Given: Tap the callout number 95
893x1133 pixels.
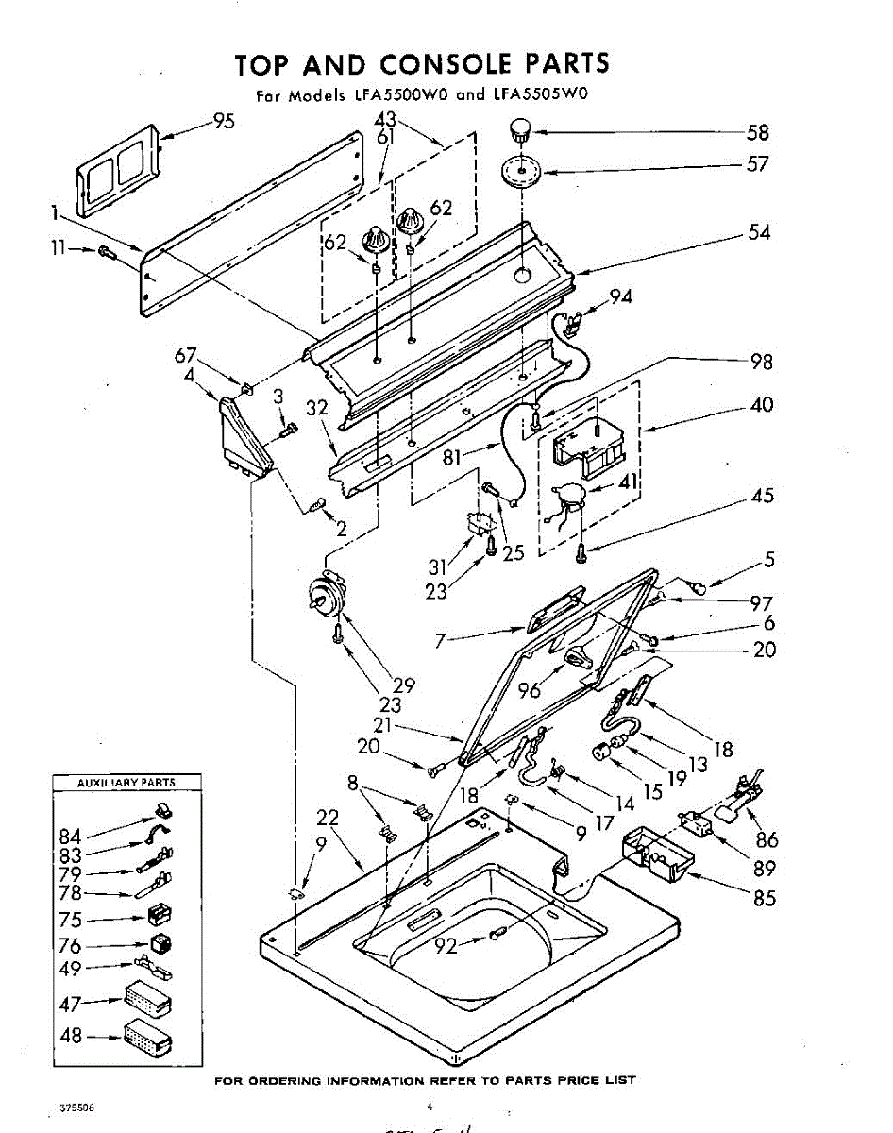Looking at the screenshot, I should click(x=224, y=121).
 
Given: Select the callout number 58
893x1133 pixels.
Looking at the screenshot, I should click(x=758, y=132).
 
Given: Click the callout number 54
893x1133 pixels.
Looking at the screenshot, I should click(x=759, y=232).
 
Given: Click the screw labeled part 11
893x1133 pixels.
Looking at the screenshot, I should click(x=105, y=252).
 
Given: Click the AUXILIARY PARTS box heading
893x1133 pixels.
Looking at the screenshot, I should click(x=126, y=783).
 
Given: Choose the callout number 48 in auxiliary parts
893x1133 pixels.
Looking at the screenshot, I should click(x=72, y=1035).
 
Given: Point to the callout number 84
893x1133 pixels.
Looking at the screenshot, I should click(x=71, y=836).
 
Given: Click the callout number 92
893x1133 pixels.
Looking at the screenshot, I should click(x=446, y=945).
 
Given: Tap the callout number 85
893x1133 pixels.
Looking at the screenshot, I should click(x=765, y=898).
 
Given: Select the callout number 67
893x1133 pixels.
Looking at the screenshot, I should click(x=185, y=355).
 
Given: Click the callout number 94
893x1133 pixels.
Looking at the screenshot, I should click(x=620, y=296).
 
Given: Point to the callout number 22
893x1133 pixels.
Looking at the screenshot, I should click(x=328, y=818).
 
